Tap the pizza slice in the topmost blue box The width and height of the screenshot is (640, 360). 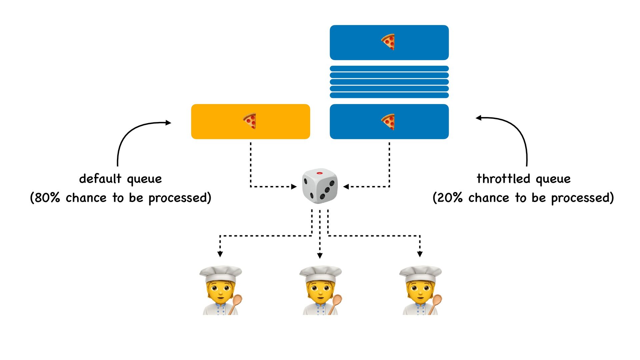(x=388, y=42)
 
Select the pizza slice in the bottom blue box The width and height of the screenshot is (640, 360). (x=388, y=121)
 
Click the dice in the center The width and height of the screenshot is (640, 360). (x=320, y=186)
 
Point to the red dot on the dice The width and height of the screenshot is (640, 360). (x=319, y=173)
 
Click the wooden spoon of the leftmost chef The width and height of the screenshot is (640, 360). (x=236, y=303)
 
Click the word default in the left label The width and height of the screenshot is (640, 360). (x=100, y=179)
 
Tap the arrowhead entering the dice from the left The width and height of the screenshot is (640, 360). (x=294, y=187)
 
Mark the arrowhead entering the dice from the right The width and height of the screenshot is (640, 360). (x=346, y=187)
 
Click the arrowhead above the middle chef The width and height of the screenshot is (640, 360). (x=320, y=256)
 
